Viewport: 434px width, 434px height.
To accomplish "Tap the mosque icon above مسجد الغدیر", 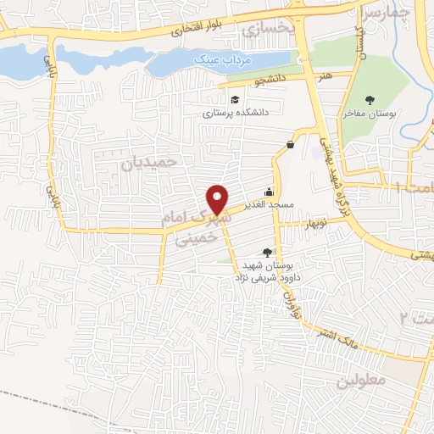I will tap(270, 191).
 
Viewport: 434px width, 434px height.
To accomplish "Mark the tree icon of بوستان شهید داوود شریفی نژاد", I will tap(269, 251).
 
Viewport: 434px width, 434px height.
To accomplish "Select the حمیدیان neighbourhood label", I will tap(152, 160).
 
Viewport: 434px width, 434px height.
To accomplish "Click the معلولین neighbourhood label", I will tap(360, 380).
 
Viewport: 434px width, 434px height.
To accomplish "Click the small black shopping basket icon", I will tap(291, 144).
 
